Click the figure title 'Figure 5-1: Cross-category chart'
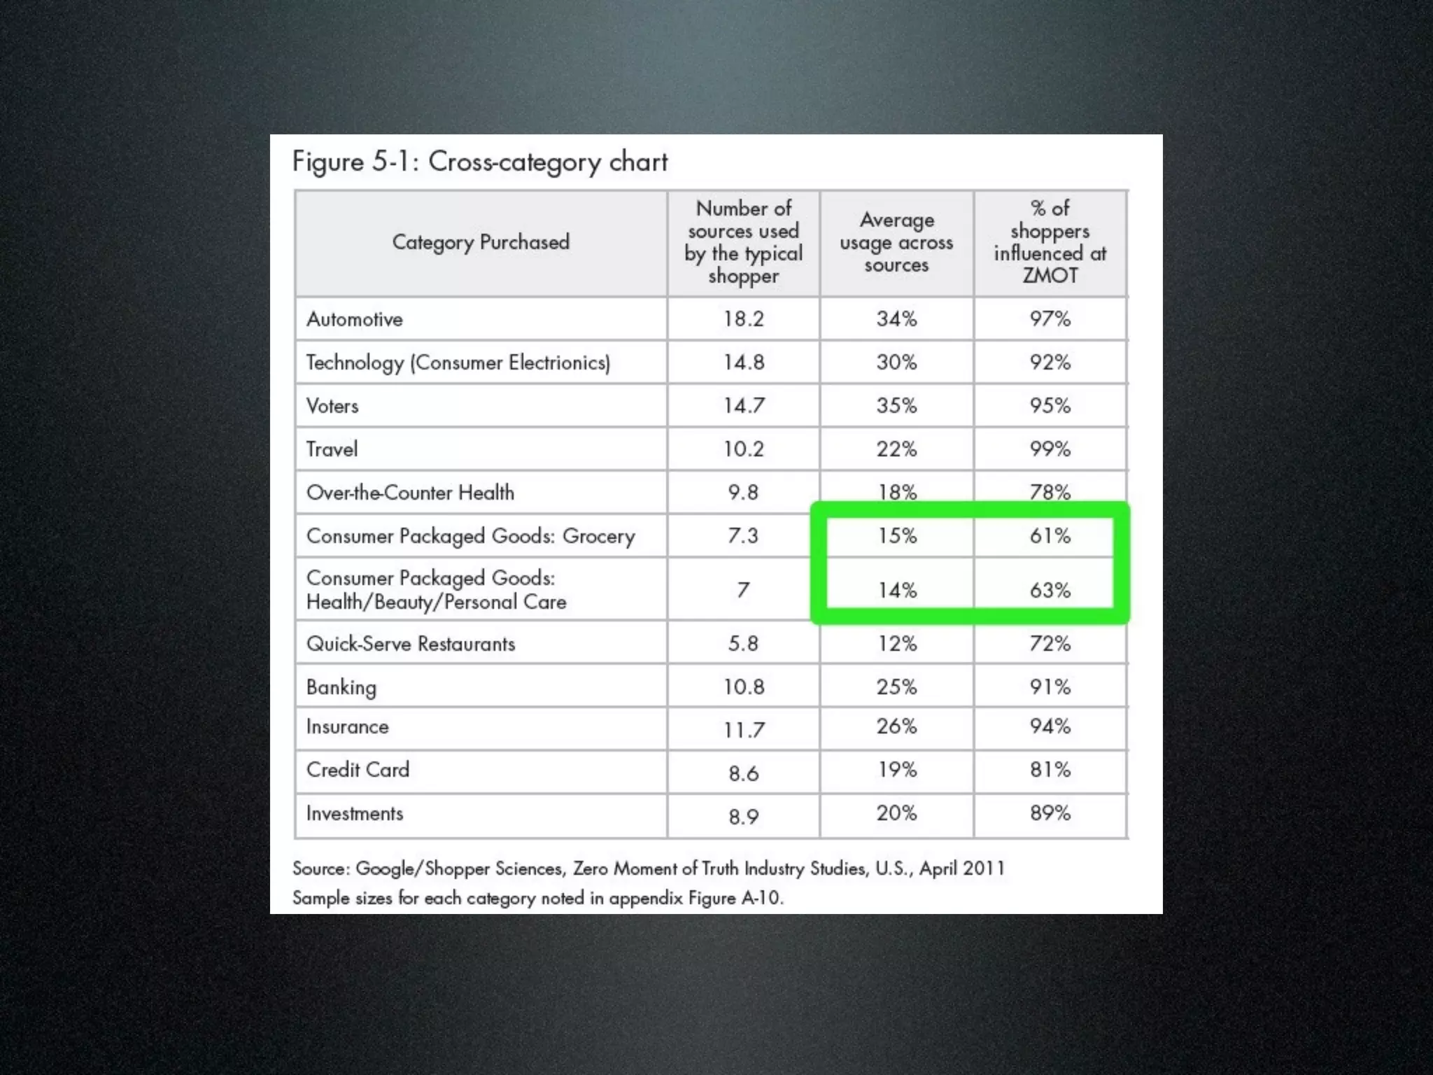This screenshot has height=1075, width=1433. (x=480, y=162)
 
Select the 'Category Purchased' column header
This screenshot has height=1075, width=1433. (x=481, y=242)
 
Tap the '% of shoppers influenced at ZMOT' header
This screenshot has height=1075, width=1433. (x=1050, y=241)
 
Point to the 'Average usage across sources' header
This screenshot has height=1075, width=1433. (x=896, y=242)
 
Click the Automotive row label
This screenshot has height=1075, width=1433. (x=355, y=319)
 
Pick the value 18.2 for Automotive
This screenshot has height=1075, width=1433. (x=743, y=319)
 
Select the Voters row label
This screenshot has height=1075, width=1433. (x=332, y=406)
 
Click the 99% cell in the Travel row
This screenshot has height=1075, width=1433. (x=1050, y=449)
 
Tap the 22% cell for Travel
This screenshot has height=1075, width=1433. (x=896, y=449)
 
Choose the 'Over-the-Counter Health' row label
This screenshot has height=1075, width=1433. (x=410, y=493)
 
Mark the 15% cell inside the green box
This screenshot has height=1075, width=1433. (x=897, y=536)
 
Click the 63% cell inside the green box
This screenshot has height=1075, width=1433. (x=1050, y=590)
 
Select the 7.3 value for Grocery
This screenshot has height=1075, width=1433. (x=743, y=536)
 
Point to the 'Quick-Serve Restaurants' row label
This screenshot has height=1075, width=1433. (x=411, y=644)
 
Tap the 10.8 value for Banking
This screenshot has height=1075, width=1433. (x=743, y=687)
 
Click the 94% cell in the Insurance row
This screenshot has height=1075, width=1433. (x=1050, y=726)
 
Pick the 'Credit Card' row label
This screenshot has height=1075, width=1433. (x=358, y=770)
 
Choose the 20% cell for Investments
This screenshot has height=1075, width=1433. (x=896, y=813)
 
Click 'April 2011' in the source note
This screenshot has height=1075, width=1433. (x=962, y=869)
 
